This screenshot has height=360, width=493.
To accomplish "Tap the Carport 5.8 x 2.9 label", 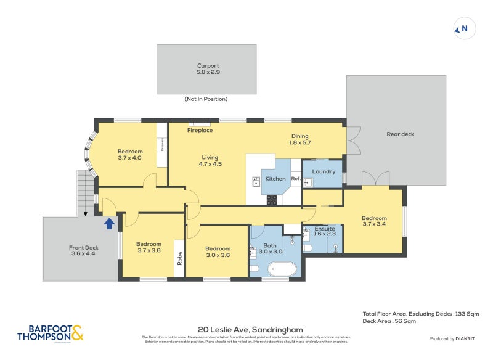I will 208,68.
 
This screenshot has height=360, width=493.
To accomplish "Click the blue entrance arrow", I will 109,223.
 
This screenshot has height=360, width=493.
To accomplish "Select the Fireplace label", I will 200,130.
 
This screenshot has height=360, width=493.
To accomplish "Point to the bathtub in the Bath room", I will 282,269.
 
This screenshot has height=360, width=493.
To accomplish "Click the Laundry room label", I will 324,171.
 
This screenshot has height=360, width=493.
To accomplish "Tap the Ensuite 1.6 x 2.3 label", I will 324,231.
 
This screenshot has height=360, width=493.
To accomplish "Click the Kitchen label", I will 275,179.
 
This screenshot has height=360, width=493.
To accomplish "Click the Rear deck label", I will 400,134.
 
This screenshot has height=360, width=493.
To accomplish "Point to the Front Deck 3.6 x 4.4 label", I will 83,250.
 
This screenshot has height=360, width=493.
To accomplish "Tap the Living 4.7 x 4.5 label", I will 210,160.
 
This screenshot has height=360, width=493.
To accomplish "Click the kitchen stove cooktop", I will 272,200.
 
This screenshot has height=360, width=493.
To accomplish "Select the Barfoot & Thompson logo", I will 49,333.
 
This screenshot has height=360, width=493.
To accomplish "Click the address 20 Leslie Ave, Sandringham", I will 250,330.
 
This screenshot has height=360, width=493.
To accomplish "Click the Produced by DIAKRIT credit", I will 452,339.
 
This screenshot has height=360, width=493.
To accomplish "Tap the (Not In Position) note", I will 206,99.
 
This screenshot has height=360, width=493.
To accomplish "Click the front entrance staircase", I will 85,192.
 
